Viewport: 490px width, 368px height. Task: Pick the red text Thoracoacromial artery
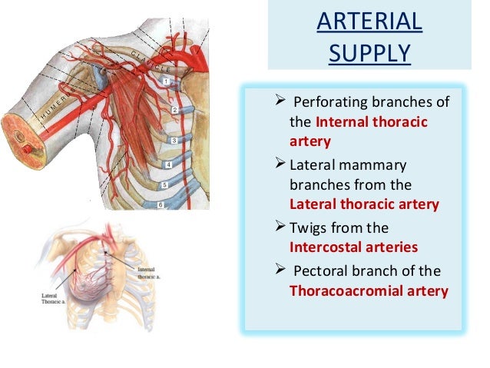tap(368, 291)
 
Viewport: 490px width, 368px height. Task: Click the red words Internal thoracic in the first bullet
tap(372, 121)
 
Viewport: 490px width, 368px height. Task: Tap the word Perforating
tap(327, 104)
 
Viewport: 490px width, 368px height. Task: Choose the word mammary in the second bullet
tap(377, 165)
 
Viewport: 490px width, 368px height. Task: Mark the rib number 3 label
tap(174, 141)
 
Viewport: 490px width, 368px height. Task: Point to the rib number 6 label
tap(161, 205)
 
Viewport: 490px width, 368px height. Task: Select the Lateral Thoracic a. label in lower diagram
tap(52, 297)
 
